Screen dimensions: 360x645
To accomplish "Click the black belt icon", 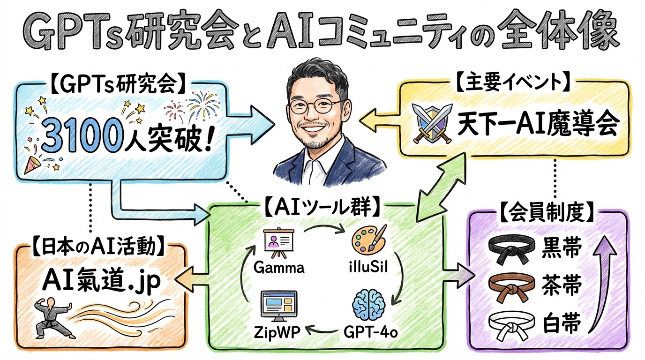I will tap(510, 248).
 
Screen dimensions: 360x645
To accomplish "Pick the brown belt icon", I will tap(510, 285).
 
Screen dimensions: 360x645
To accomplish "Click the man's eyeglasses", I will tap(315, 105).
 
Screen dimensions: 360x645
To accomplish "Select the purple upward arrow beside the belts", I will tap(605, 286).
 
